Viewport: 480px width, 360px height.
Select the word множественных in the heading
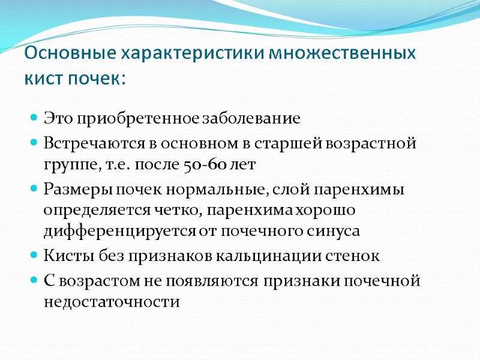pyautogui.click(x=341, y=54)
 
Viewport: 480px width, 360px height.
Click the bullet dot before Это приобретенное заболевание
pyautogui.click(x=34, y=119)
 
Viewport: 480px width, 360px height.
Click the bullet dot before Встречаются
pyautogui.click(x=34, y=145)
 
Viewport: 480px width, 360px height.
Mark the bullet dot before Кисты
pyautogui.click(x=34, y=256)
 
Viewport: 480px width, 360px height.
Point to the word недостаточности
pyautogui.click(x=111, y=302)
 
